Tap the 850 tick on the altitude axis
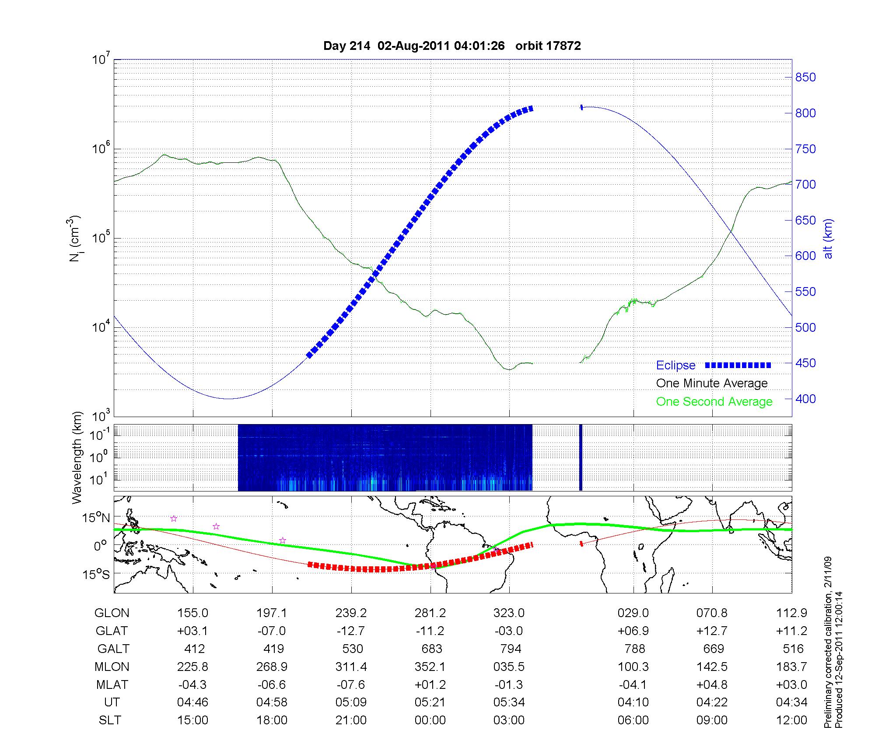point(805,77)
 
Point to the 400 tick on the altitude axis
point(805,399)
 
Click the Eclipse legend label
point(675,365)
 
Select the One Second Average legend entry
point(714,402)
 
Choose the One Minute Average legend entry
point(712,383)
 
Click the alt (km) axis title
point(828,239)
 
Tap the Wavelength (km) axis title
point(77,458)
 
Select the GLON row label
point(112,613)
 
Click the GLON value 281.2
point(430,613)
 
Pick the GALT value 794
point(511,649)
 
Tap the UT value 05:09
point(351,702)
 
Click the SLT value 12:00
point(791,720)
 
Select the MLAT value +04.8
point(712,684)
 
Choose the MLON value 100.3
point(633,667)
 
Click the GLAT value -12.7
point(351,631)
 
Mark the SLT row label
point(110,720)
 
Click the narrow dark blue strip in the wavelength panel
point(581,457)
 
